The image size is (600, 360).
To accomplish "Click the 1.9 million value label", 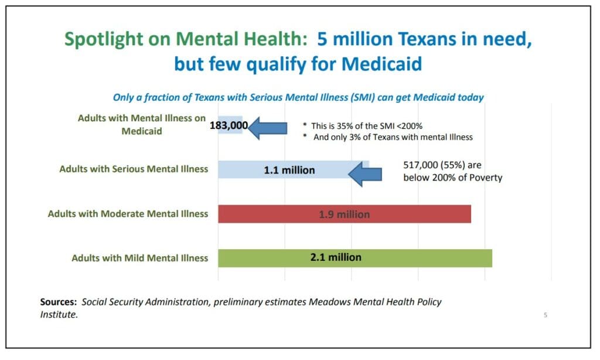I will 344,215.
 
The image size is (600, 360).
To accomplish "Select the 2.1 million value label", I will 336,257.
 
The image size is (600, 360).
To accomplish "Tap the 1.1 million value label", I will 289,171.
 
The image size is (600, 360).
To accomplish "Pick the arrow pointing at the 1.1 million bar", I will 365,174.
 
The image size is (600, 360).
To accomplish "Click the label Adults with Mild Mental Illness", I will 139,258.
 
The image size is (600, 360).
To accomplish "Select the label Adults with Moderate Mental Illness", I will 128,214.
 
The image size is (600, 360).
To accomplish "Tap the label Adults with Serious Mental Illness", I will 134,169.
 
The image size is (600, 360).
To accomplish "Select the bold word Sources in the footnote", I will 59,303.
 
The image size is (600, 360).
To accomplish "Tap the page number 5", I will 546,315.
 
